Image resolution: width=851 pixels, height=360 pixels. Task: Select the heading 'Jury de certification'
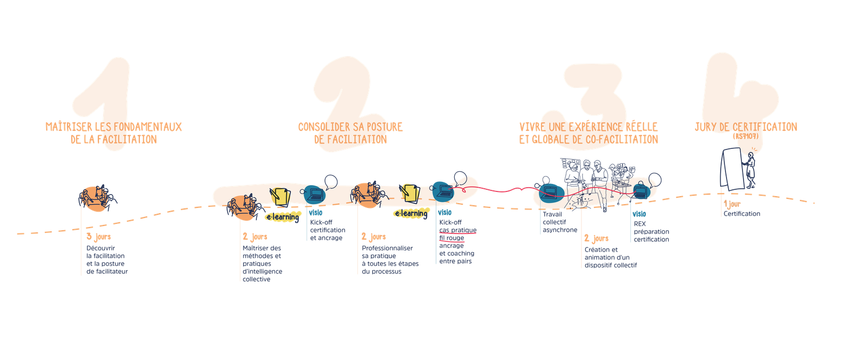pos(746,127)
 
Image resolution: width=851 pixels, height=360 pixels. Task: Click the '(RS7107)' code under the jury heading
pos(746,136)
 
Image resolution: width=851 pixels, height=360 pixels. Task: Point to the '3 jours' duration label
pos(98,237)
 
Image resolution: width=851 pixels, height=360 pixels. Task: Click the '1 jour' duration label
pos(732,204)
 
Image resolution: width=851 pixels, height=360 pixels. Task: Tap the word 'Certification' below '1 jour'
pos(741,214)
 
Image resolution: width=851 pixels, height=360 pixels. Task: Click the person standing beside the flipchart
pos(750,170)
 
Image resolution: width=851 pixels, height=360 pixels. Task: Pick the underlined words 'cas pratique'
pos(458,230)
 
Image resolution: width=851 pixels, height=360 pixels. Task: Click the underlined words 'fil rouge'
pos(452,238)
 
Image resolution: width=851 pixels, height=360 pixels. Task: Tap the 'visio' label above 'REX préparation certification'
pos(639,214)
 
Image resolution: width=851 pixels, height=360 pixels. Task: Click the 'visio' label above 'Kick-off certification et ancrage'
pos(316,213)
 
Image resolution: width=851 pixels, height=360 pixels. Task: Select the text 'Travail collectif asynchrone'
pos(560,222)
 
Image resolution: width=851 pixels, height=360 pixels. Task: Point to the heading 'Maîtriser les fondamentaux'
pos(114,127)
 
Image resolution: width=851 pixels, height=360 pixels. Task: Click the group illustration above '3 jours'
pos(98,198)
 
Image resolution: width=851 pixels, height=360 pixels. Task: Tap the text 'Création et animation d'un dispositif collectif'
pos(611,257)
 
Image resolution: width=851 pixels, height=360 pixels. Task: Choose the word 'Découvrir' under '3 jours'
pos(101,248)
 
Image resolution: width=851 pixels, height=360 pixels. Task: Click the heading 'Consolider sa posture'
pos(351,127)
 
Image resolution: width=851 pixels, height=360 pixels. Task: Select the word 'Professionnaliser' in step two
pos(387,248)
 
